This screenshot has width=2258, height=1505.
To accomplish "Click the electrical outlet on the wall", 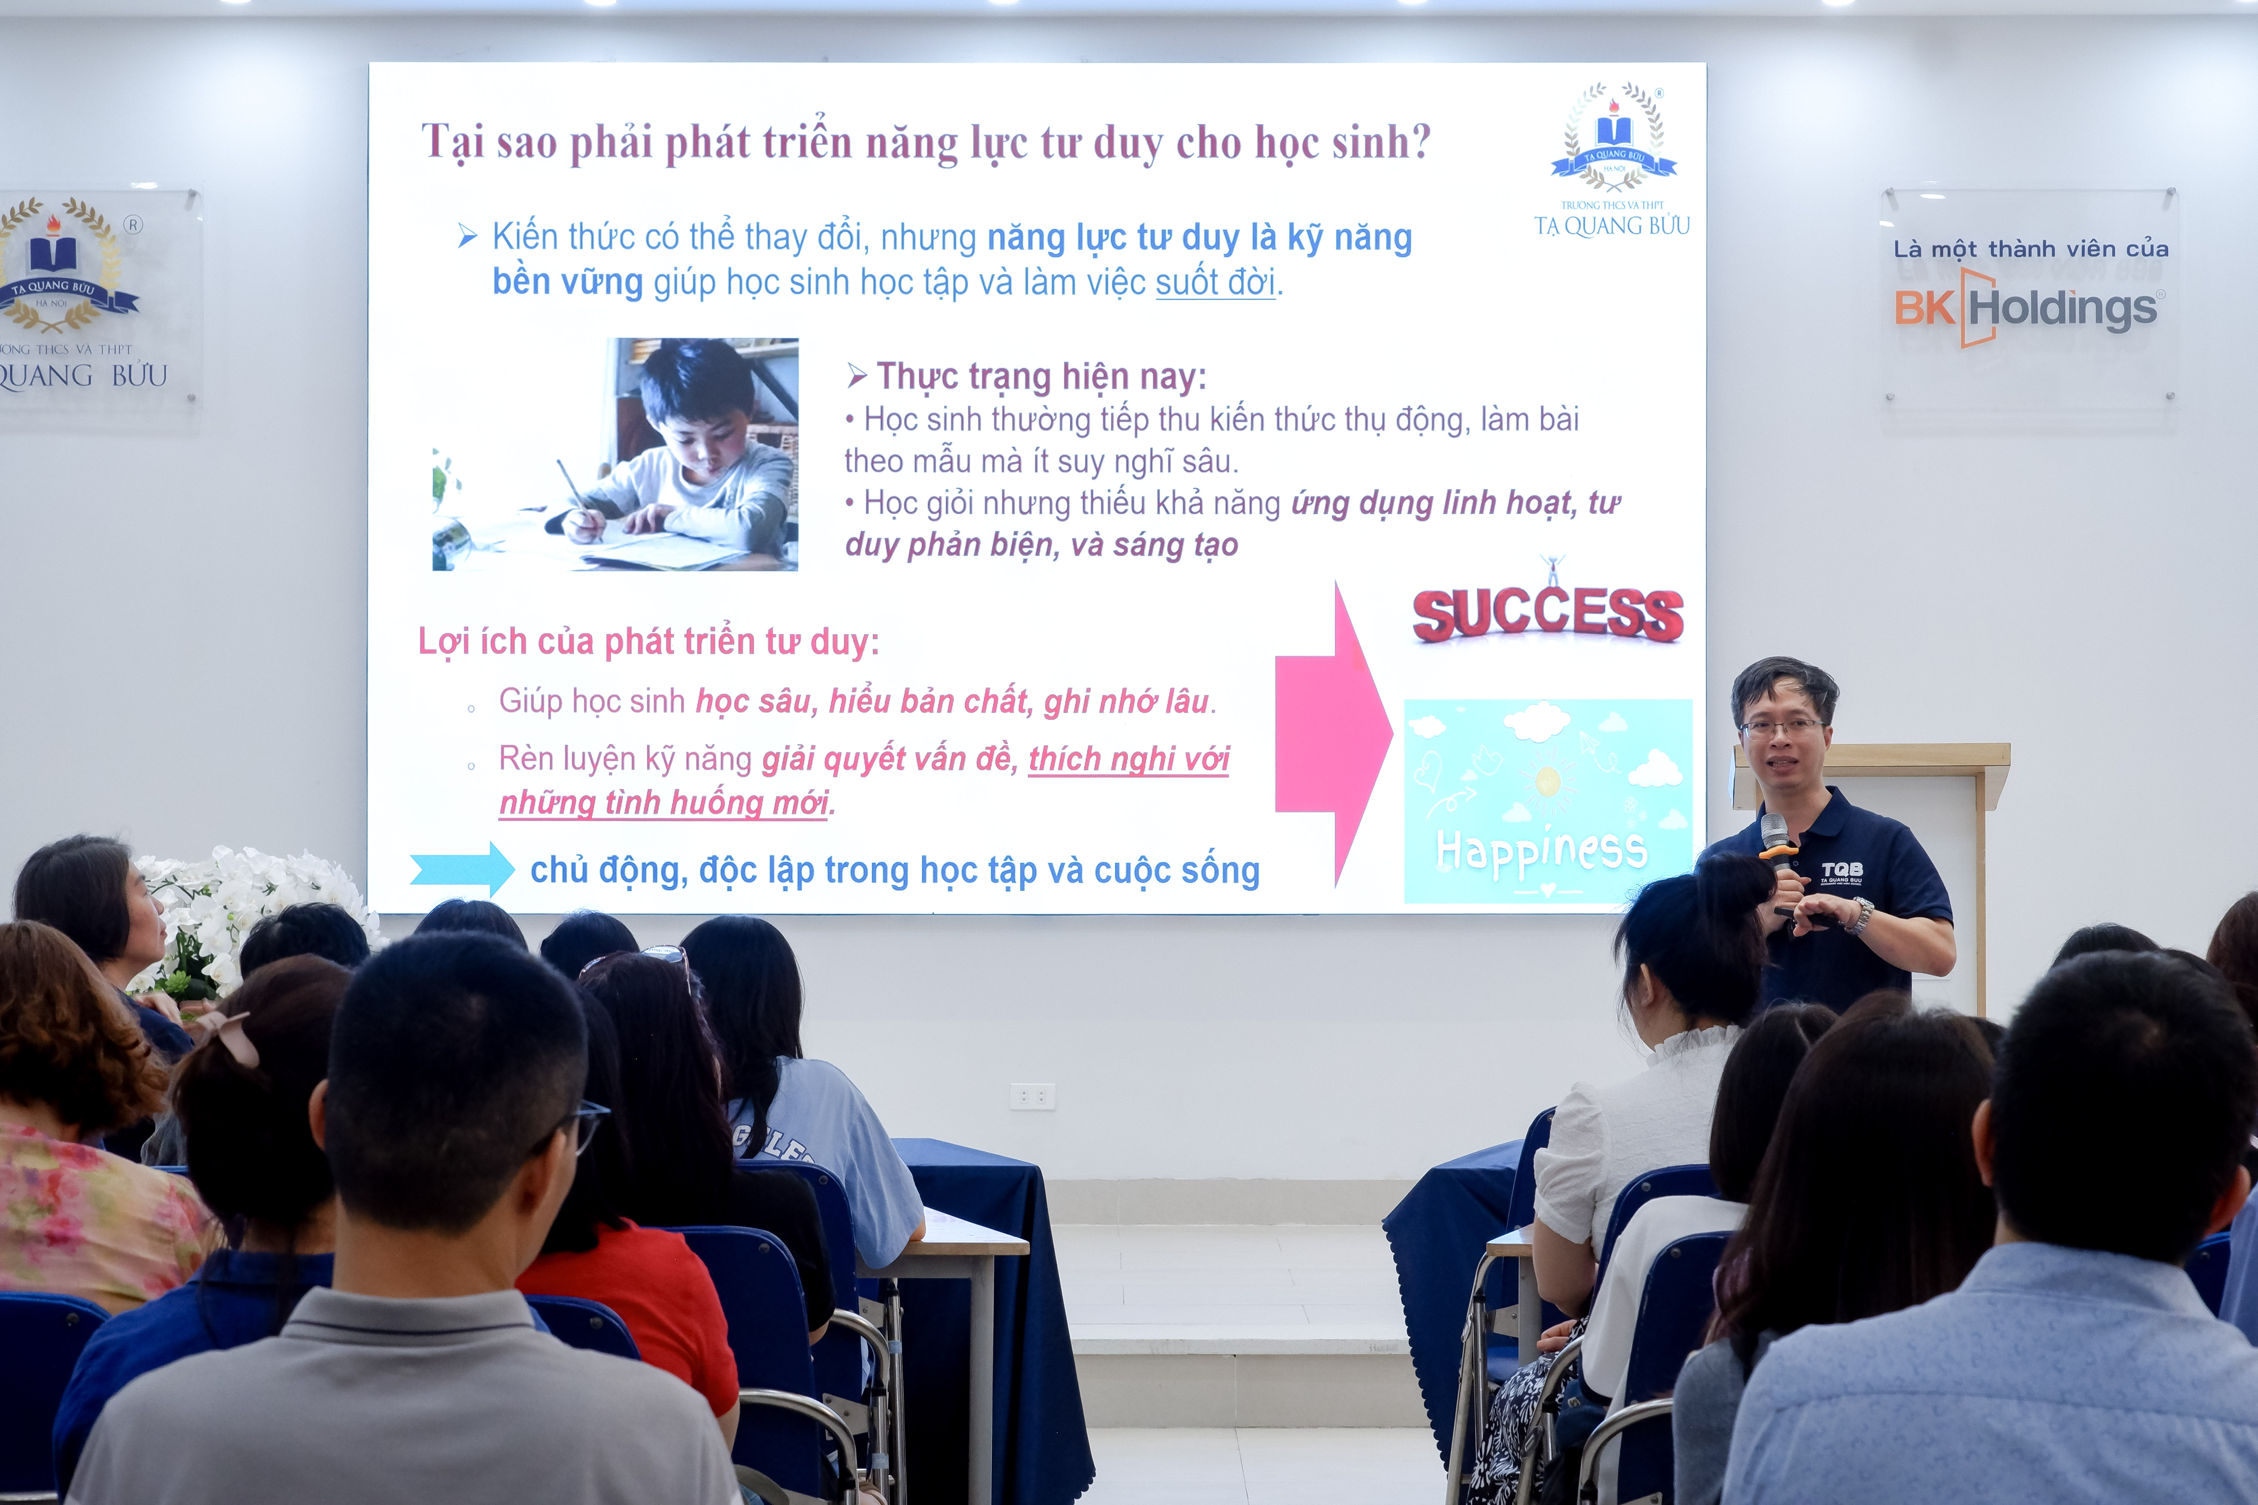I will (1032, 1095).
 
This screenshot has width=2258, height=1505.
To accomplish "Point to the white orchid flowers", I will (240, 912).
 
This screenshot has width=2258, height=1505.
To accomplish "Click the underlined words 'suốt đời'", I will (1215, 282).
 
